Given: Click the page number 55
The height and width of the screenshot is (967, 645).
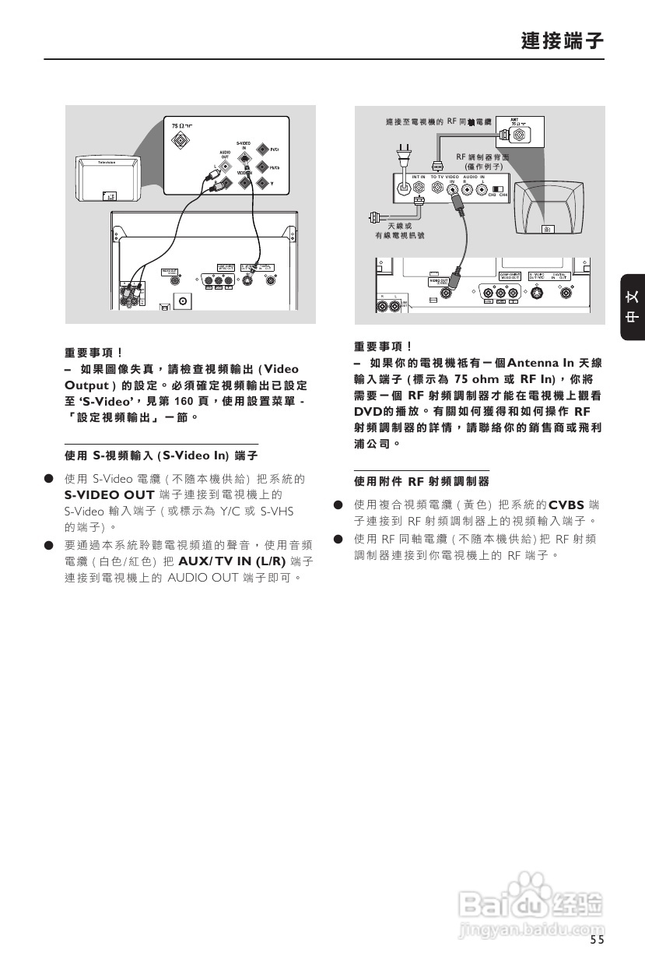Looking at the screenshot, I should pos(597,940).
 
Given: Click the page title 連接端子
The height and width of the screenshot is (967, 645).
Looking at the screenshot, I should pos(563,40).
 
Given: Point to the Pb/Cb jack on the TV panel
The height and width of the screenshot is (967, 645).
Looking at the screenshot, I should pos(262,166).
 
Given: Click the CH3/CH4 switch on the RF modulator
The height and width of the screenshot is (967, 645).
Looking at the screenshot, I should pos(498,189).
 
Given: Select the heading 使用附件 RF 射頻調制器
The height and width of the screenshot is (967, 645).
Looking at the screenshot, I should pos(422,481).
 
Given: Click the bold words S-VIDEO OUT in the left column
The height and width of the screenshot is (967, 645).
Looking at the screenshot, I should pos(109,494).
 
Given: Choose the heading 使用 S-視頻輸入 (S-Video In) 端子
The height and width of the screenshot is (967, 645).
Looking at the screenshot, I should pos(161,454).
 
